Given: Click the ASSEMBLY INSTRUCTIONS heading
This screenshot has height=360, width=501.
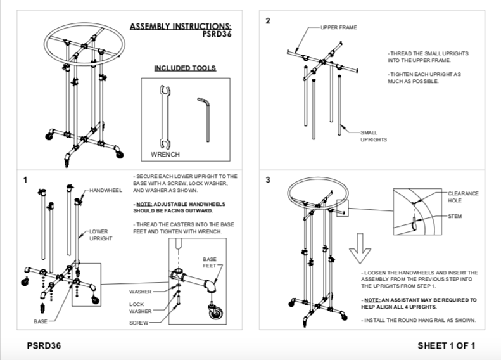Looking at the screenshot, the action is click(x=181, y=27).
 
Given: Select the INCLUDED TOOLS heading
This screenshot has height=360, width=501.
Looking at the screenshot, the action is click(x=185, y=68).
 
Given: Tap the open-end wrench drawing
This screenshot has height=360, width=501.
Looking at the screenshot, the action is click(x=165, y=117).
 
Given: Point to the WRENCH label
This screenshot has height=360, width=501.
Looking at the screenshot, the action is click(x=165, y=155).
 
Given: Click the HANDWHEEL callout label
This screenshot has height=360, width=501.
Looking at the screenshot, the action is click(x=105, y=191).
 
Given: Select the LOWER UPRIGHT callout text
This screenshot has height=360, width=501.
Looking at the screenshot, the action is click(x=101, y=235).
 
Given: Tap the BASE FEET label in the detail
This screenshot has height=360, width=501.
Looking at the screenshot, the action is click(x=210, y=262).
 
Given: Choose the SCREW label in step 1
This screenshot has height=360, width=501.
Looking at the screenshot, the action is click(x=139, y=323).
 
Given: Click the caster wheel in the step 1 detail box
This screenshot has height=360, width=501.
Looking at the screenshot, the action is click(x=216, y=312).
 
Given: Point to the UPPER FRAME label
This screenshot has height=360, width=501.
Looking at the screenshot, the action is click(x=339, y=27).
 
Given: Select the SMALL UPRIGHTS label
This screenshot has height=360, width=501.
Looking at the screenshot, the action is click(x=374, y=136).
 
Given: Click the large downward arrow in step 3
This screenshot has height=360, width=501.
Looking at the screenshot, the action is click(x=360, y=248).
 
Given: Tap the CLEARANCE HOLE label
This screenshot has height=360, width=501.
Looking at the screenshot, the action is click(x=463, y=197).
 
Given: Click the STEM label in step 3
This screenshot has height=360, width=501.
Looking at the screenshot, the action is click(x=455, y=217).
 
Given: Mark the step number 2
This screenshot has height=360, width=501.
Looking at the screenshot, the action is click(x=268, y=21).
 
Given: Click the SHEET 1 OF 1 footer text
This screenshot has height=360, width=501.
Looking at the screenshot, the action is click(x=447, y=345).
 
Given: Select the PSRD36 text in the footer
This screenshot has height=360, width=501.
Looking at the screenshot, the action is click(x=44, y=345).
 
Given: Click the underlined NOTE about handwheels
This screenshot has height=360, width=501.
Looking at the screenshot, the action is click(x=179, y=207).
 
